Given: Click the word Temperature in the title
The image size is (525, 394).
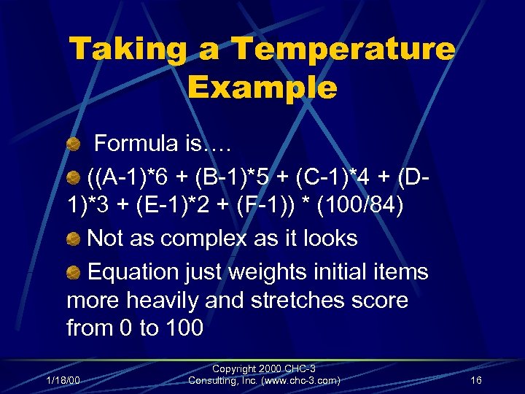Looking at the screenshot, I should [342, 50].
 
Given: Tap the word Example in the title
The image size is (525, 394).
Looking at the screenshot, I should [262, 88].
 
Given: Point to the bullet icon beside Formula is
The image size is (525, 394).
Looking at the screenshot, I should [73, 144].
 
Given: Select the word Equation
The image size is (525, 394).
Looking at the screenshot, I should [133, 272].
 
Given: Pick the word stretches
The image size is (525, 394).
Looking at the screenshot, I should [292, 301].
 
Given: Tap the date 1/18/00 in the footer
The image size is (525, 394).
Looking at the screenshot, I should [63, 379].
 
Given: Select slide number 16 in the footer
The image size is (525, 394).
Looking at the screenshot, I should [476, 379].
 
